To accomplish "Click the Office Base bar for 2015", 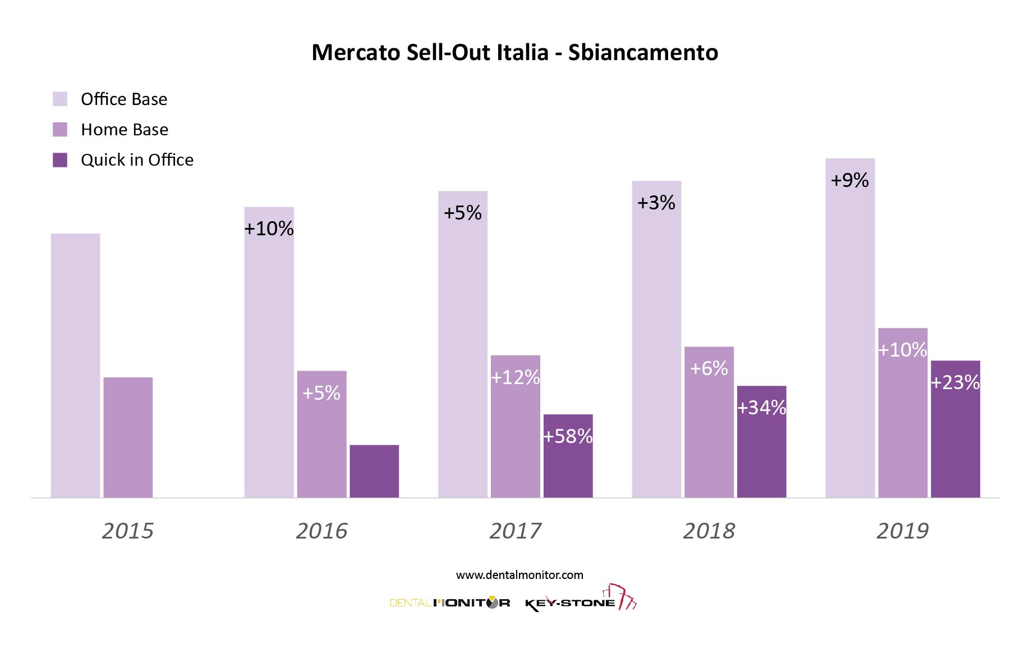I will click(x=75, y=365).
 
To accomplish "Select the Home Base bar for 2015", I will click(x=128, y=437).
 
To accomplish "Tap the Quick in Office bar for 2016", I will click(x=374, y=471).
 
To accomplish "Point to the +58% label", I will click(x=568, y=436).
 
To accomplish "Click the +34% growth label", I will click(x=761, y=408).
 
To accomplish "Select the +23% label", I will click(x=955, y=382).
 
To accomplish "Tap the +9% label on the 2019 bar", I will click(x=849, y=180).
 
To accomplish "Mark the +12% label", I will click(x=515, y=377).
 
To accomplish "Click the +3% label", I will click(x=656, y=202).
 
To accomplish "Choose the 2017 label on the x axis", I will click(x=515, y=531).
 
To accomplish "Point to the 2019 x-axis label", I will click(x=902, y=531).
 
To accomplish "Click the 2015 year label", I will click(x=127, y=531).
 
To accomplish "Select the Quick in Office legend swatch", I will click(x=60, y=160).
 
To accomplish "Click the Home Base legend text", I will click(x=125, y=130).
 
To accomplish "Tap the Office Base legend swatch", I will click(x=60, y=99).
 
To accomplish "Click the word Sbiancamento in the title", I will click(x=643, y=53).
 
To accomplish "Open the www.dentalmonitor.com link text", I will click(x=519, y=575).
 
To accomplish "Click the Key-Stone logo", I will click(x=580, y=600).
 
